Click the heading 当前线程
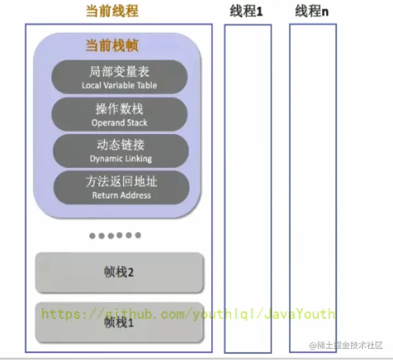pyautogui.click(x=112, y=11)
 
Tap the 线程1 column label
pyautogui.click(x=246, y=11)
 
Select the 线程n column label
pyautogui.click(x=312, y=11)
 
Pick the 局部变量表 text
pyautogui.click(x=119, y=72)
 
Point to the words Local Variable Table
pyautogui.click(x=119, y=85)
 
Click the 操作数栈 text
pyautogui.click(x=119, y=109)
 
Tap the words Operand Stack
pyautogui.click(x=119, y=122)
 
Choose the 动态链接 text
pyautogui.click(x=120, y=145)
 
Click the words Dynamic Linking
pyautogui.click(x=120, y=158)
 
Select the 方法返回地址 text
pyautogui.click(x=121, y=182)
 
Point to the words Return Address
pyautogui.click(x=121, y=195)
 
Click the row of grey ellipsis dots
pyautogui.click(x=115, y=235)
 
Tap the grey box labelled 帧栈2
pyautogui.click(x=119, y=272)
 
